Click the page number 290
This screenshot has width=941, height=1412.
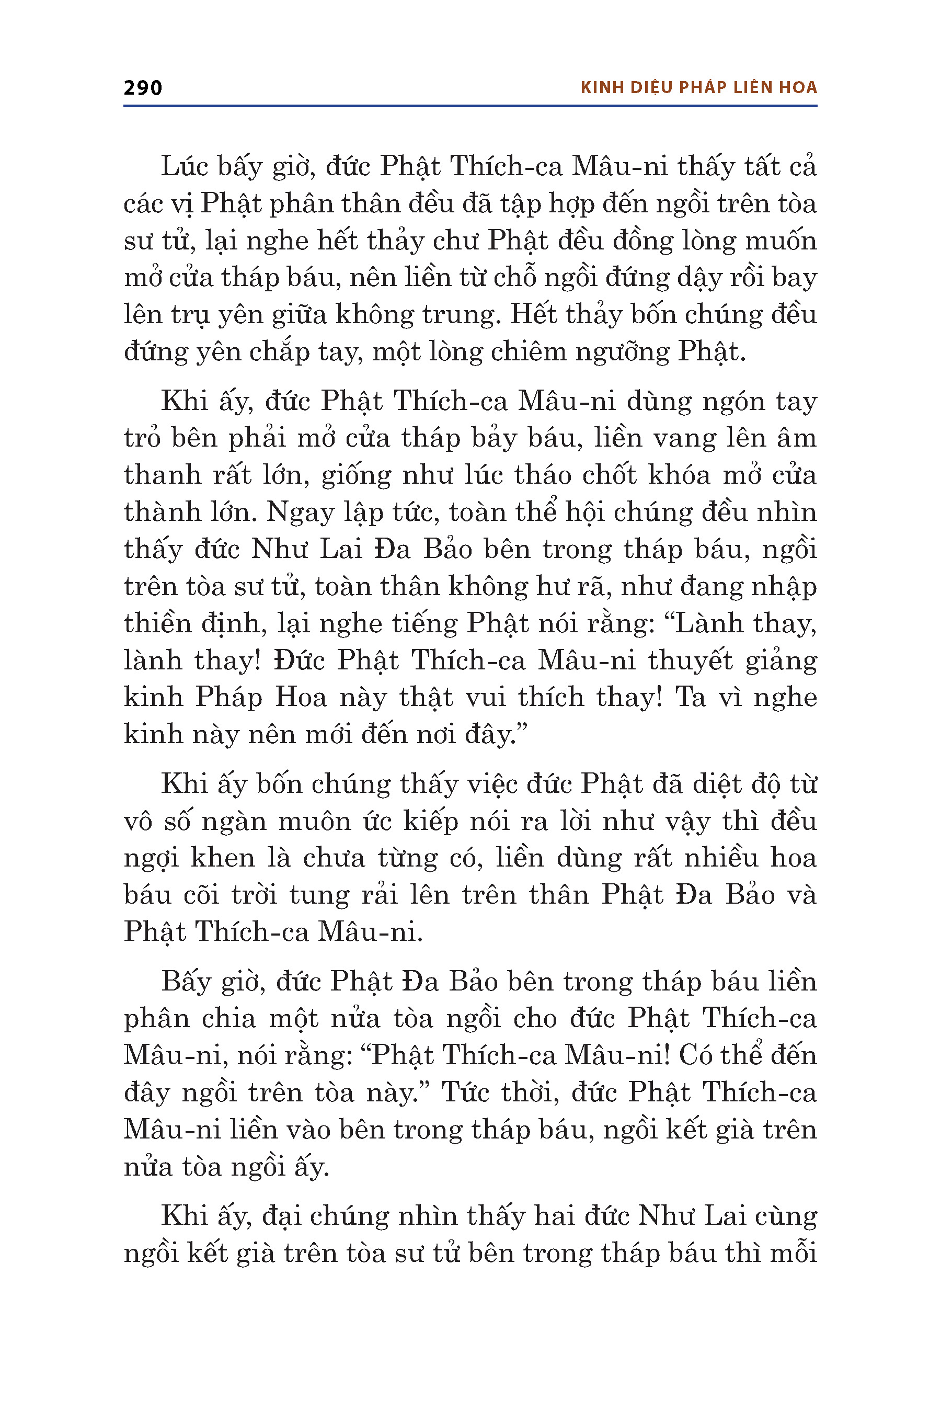(143, 88)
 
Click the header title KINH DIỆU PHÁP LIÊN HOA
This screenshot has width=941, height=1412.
(698, 88)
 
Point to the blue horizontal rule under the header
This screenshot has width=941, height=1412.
(470, 106)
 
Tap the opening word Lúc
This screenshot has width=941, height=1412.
(183, 166)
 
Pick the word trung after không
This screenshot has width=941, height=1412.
(460, 315)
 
